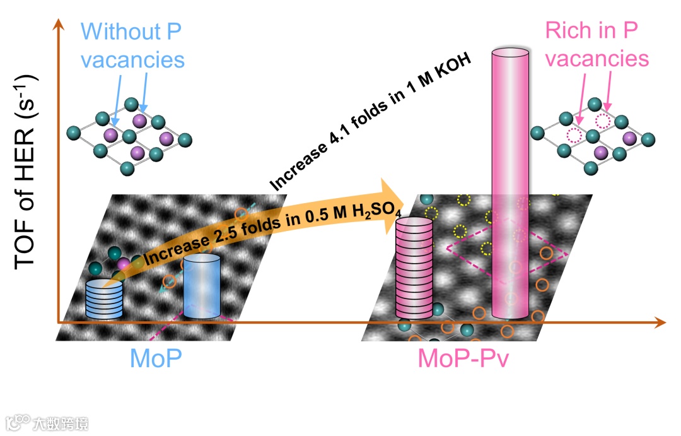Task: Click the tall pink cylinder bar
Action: point(510,189)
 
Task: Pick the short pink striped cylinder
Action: point(414,268)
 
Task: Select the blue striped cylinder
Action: point(104,298)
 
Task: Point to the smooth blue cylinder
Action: point(202,286)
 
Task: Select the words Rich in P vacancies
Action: point(597,44)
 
